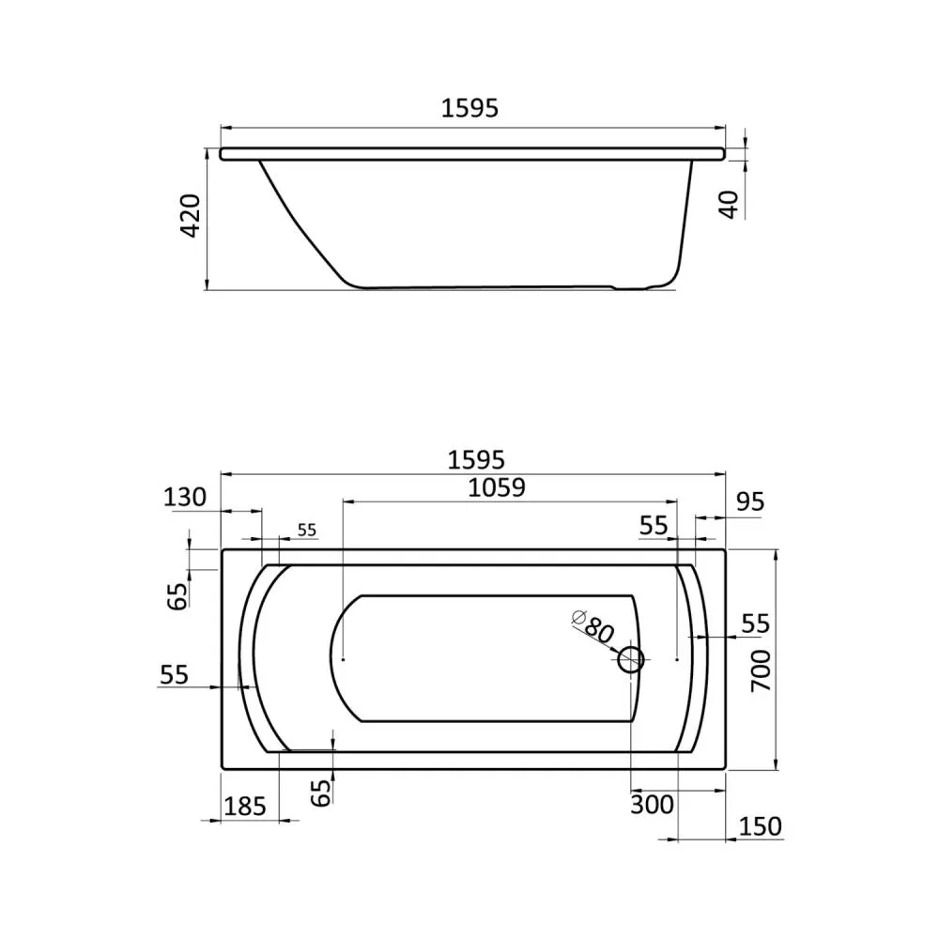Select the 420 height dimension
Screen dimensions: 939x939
click(x=191, y=216)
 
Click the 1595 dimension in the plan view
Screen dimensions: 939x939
click(x=476, y=459)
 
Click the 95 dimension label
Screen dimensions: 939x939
click(x=749, y=501)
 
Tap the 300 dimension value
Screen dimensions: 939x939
click(x=653, y=804)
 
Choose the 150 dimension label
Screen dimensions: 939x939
click(x=760, y=826)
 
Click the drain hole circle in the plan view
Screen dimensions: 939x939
click(x=630, y=661)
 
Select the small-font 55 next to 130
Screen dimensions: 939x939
click(x=306, y=531)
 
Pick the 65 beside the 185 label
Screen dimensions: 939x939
click(x=321, y=791)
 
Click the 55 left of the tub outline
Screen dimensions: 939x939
click(x=174, y=674)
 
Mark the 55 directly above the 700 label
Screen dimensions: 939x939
click(x=755, y=623)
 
